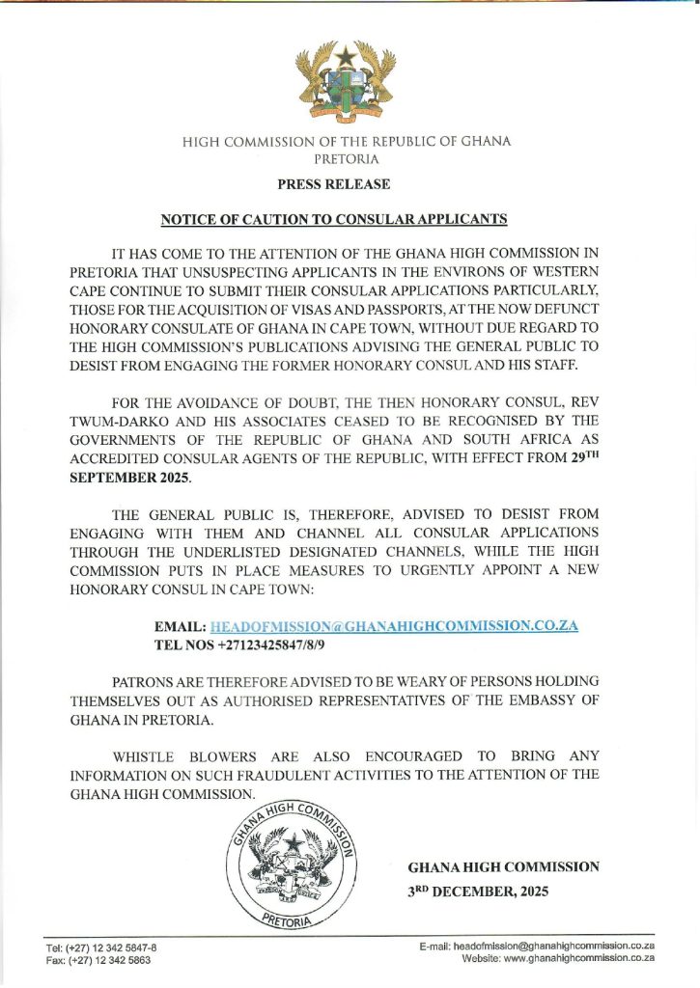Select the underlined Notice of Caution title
(x=333, y=219)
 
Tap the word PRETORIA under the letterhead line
(x=347, y=158)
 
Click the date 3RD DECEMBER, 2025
(x=478, y=892)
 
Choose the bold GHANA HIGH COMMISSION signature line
(x=503, y=866)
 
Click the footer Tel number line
(x=101, y=948)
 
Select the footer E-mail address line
(x=538, y=948)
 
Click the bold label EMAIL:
(x=181, y=625)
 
